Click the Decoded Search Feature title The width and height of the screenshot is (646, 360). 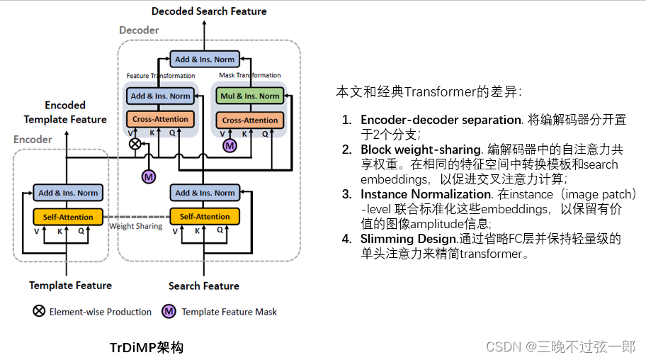209,11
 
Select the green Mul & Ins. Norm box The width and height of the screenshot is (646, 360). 249,96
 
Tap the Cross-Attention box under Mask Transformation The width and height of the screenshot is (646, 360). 249,120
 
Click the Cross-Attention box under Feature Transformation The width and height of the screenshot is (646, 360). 161,119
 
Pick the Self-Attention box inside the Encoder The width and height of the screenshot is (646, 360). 68,216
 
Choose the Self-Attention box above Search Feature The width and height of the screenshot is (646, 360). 205,216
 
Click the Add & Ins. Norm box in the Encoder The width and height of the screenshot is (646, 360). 68,193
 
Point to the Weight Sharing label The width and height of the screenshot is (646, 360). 135,226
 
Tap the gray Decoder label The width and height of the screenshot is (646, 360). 139,30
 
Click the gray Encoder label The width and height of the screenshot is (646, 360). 33,140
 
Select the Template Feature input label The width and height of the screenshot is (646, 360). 70,286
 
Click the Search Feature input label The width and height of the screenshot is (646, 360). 204,286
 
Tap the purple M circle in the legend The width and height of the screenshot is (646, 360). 169,311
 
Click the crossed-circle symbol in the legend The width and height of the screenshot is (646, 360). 39,311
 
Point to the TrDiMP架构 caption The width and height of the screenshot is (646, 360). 146,347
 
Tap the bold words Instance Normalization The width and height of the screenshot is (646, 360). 426,194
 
